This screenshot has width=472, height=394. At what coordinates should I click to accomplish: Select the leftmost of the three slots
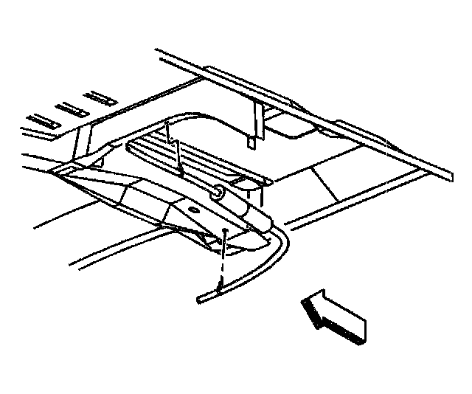pyautogui.click(x=40, y=118)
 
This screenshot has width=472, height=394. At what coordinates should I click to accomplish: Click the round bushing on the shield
pyautogui.click(x=219, y=193)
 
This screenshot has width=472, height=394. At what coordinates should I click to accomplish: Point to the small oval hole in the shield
pyautogui.click(x=193, y=210)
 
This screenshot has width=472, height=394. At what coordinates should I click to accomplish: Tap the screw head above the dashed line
pyautogui.click(x=223, y=232)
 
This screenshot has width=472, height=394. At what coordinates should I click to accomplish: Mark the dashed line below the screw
pyautogui.click(x=221, y=262)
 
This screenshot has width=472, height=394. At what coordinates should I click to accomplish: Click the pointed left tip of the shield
pyautogui.click(x=55, y=172)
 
